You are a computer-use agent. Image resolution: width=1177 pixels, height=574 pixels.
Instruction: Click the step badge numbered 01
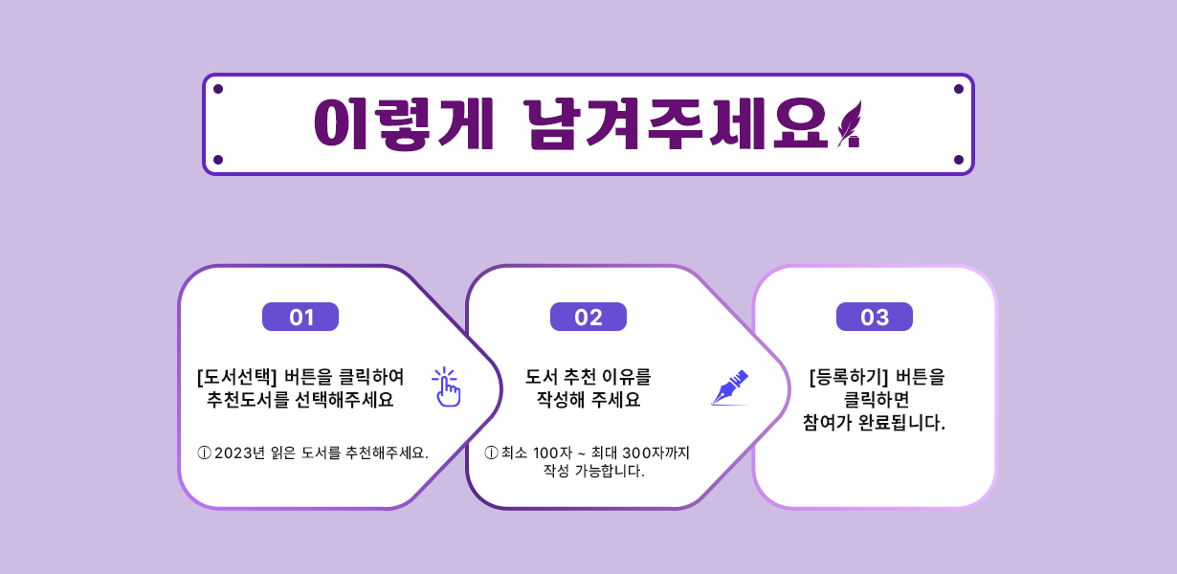pos(300,317)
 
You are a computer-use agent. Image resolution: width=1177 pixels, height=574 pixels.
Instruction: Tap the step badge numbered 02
pos(588,317)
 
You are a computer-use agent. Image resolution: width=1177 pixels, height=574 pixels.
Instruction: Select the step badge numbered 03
pos(875,317)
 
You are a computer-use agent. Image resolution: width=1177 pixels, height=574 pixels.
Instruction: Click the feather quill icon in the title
pos(849,124)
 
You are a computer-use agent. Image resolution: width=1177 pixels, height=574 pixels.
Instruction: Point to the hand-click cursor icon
pos(446,387)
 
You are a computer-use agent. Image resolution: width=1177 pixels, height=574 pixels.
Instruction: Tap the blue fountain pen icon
pos(730,387)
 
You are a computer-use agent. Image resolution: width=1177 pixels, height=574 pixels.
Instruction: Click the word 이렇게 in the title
pos(404,124)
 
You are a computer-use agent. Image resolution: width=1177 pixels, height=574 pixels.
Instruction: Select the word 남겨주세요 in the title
pos(676,124)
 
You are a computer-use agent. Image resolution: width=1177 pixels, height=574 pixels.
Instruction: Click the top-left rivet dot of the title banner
pos(218,89)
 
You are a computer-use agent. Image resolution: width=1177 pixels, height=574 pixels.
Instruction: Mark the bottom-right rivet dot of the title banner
pos(959,160)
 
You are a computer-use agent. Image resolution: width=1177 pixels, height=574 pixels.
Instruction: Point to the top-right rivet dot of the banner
pos(959,89)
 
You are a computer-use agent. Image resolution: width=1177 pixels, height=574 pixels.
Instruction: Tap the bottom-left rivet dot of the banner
pos(218,160)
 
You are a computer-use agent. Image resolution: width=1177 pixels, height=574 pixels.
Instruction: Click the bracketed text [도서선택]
pos(237,377)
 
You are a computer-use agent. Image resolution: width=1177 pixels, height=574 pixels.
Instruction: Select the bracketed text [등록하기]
pos(849,377)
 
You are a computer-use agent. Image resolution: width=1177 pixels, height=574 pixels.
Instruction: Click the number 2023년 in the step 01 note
pos(239,453)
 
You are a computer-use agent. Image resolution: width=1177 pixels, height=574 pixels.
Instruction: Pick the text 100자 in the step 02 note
pos(552,453)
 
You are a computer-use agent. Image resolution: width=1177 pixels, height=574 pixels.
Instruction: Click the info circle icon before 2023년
pos(204,453)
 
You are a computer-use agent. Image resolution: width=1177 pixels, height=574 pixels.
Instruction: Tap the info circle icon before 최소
pos(491,453)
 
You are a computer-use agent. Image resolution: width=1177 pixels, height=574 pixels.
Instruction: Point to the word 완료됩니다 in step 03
pos(901,422)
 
